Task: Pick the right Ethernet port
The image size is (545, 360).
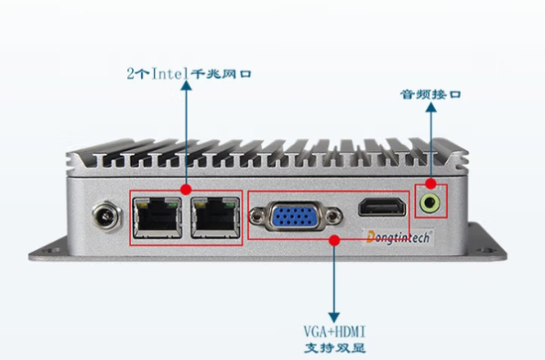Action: pos(213,218)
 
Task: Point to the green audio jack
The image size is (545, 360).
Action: pos(430,201)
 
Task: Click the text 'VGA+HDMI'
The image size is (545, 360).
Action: pos(333,332)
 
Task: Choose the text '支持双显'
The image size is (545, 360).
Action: pos(332,348)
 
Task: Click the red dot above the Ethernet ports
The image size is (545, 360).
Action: pos(187,190)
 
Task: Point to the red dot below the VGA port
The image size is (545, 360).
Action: pos(333,240)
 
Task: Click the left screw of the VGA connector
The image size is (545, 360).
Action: pos(259,218)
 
